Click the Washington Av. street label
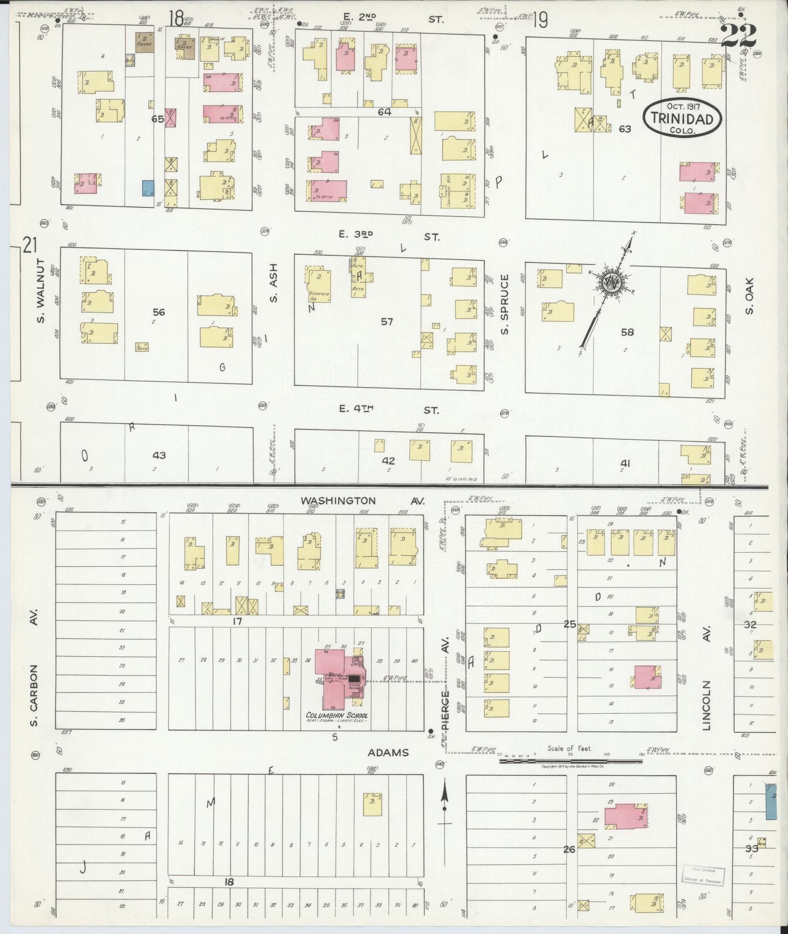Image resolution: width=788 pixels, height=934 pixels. tap(362, 501)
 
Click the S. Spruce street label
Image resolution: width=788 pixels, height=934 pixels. tap(505, 305)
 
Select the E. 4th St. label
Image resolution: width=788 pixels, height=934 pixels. tap(389, 410)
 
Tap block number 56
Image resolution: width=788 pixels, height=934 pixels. tap(159, 312)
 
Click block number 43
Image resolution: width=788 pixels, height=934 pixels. tap(159, 455)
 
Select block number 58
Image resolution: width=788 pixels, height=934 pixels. tap(627, 332)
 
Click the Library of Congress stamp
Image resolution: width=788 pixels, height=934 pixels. tap(703, 875)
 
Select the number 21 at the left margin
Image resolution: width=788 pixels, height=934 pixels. tap(30, 245)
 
